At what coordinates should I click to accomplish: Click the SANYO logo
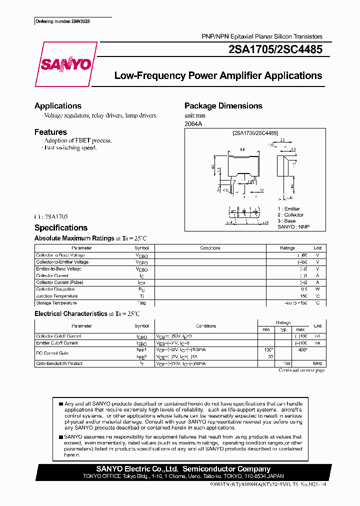pos(65,64)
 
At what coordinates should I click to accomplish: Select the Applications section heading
pos(58,106)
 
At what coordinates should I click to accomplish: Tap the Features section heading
pos(50,132)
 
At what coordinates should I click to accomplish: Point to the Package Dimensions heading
pos(223,106)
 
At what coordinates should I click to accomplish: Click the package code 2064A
pos(194,123)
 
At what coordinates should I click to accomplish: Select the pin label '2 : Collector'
pos(290,215)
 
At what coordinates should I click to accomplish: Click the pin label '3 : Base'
pos(286,221)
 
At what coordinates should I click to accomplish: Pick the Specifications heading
pos(61,228)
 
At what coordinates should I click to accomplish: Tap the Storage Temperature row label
pos(56,303)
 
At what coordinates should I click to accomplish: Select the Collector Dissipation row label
pos(55,289)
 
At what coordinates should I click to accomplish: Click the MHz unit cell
pos(317,363)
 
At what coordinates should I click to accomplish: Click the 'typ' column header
pos(282,329)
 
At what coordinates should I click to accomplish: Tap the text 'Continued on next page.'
pos(301,370)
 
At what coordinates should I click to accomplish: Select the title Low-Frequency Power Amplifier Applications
pos(218,76)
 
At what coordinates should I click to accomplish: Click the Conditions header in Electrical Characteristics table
pos(206,326)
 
